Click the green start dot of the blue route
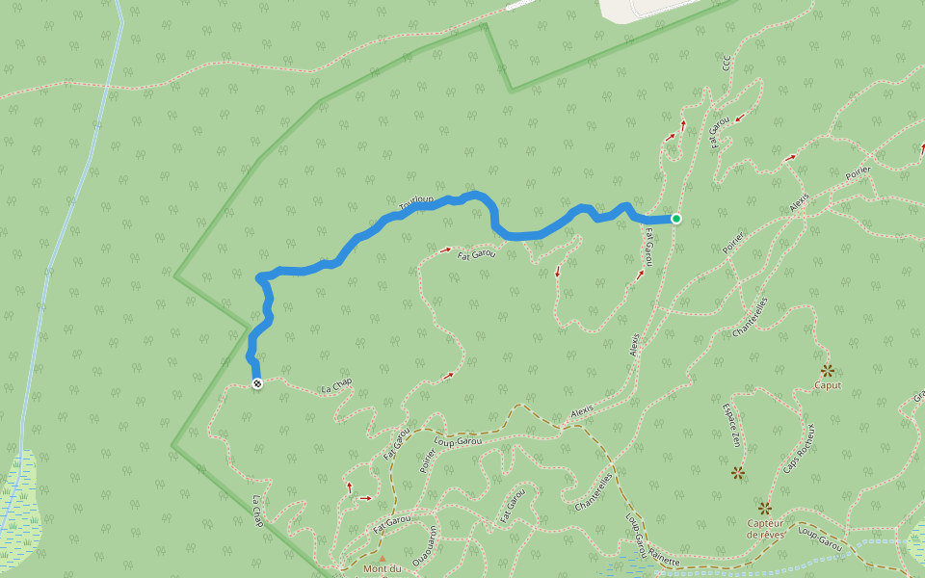click(x=676, y=219)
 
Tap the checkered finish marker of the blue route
click(x=257, y=384)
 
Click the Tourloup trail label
click(x=416, y=203)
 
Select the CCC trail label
click(x=727, y=63)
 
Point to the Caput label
click(x=828, y=385)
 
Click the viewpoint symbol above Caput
click(x=827, y=370)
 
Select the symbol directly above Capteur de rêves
click(x=764, y=508)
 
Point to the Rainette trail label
click(x=664, y=560)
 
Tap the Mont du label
click(x=382, y=568)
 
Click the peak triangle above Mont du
click(x=382, y=558)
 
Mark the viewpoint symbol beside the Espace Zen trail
click(x=737, y=472)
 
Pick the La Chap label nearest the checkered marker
click(x=336, y=384)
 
